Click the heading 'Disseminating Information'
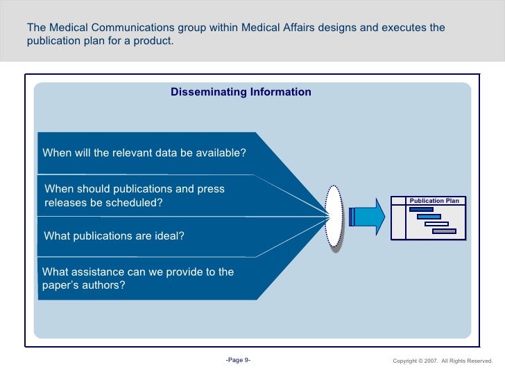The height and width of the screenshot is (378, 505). tap(241, 92)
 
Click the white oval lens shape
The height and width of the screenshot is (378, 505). tap(334, 215)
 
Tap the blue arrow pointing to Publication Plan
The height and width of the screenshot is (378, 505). tap(368, 216)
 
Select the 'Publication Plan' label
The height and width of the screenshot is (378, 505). tap(434, 201)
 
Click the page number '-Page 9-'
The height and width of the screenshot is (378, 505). tap(238, 360)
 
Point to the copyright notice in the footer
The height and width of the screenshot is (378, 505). tap(442, 361)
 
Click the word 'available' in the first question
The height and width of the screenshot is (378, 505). tap(221, 153)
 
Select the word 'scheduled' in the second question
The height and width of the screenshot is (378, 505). tap(135, 203)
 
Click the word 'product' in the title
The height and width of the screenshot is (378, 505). tap(153, 41)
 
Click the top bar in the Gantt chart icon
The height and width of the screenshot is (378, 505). tap(421, 209)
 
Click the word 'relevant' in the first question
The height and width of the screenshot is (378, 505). tap(121, 153)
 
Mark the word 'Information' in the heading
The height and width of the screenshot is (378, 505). tap(280, 92)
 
